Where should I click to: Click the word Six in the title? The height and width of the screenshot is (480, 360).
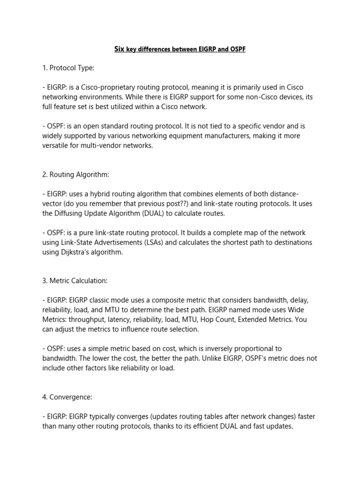[120, 49]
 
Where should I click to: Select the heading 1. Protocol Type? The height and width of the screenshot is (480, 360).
[68, 68]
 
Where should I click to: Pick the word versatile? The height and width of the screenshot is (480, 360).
[57, 146]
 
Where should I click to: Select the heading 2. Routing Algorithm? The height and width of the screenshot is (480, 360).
[75, 174]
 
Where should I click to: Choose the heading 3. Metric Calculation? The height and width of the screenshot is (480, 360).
[75, 281]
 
